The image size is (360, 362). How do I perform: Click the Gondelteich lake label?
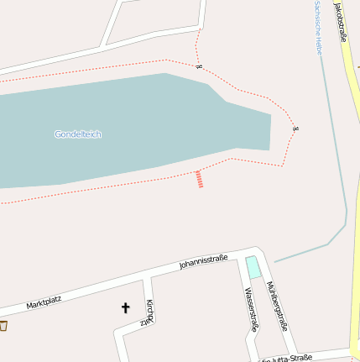pos(78,134)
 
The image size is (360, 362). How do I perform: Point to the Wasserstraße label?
pos(249,310)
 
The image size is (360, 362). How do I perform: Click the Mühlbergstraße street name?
pos(279,307)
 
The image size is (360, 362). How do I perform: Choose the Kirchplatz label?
pos(149,312)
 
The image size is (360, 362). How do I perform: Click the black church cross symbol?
pos(126,308)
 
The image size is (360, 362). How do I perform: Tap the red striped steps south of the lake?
pos(199,179)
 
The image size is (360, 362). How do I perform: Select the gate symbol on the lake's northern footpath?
pos(199,66)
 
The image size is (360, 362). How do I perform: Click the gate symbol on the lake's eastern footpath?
pos(296,128)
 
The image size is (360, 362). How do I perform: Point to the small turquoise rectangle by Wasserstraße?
pos(253,267)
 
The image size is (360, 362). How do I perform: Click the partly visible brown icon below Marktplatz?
pos(3,326)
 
